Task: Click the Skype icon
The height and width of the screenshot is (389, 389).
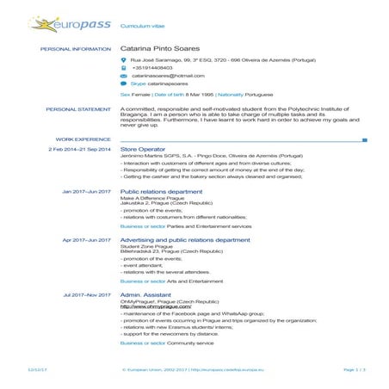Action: tap(123, 84)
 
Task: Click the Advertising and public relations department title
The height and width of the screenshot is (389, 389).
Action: tap(185, 239)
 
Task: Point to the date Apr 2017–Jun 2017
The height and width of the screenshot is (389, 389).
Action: tap(87, 239)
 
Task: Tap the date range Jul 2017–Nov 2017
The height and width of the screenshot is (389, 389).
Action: tap(87, 294)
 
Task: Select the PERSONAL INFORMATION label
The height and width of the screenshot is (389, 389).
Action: tap(76, 49)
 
